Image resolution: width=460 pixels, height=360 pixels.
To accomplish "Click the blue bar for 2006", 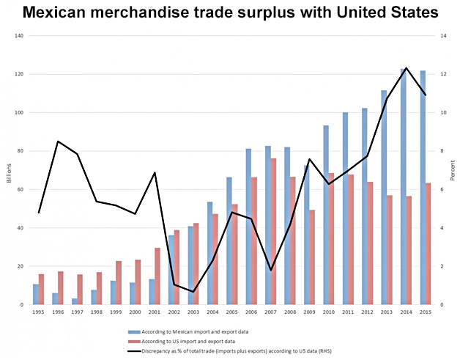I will (249, 227).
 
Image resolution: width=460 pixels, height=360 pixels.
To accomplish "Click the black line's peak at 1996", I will (58, 141).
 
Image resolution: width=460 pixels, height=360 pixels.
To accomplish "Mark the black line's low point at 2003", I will (193, 292).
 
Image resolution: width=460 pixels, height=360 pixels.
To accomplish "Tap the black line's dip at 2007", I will (270, 270).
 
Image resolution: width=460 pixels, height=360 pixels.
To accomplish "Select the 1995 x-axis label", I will (39, 312).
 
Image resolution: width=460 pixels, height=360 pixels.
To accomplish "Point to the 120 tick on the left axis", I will (20, 74).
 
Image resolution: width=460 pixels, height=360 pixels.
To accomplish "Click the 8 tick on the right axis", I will (442, 151).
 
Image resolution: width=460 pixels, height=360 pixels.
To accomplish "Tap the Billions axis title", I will (9, 170).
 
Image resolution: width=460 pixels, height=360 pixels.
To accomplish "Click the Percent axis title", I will (452, 170).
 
